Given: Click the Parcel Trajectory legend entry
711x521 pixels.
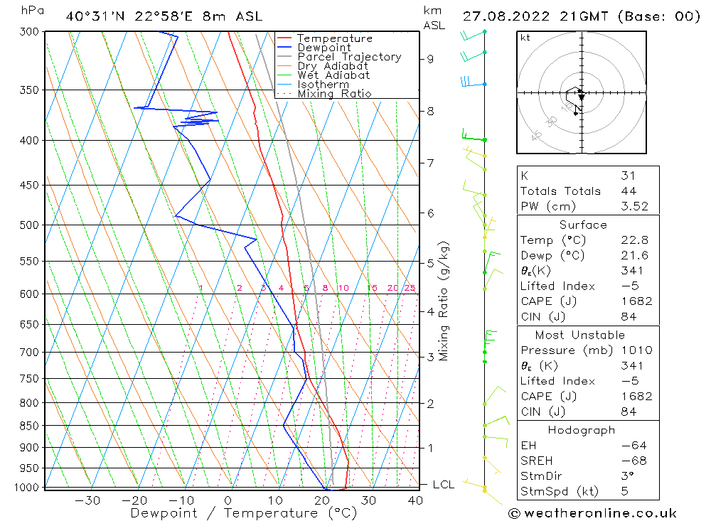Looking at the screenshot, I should pos(349,57).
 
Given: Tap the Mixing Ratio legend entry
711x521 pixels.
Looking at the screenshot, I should pos(334,94).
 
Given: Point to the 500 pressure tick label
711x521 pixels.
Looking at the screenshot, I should pos(29,225).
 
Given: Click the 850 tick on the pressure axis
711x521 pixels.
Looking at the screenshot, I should pos(29,426).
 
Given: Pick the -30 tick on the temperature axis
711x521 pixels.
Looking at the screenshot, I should pos(87,500).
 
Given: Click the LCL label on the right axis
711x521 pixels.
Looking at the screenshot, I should pos(443,485).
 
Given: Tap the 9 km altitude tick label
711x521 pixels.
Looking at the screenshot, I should pos(431,59).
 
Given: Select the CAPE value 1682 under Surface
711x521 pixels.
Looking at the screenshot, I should pos(636,301).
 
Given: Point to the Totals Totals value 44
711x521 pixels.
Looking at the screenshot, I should pos(629,191).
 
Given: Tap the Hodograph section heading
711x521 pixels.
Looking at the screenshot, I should pos(582,430).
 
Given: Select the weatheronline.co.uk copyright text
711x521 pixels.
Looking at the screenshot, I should pos(592,513).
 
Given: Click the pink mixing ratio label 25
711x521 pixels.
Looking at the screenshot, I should pos(410,288).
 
